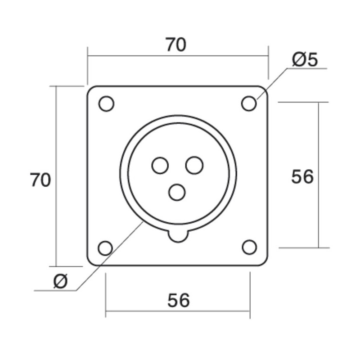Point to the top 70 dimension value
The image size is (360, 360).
(176, 45)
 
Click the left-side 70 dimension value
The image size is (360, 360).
(40, 180)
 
